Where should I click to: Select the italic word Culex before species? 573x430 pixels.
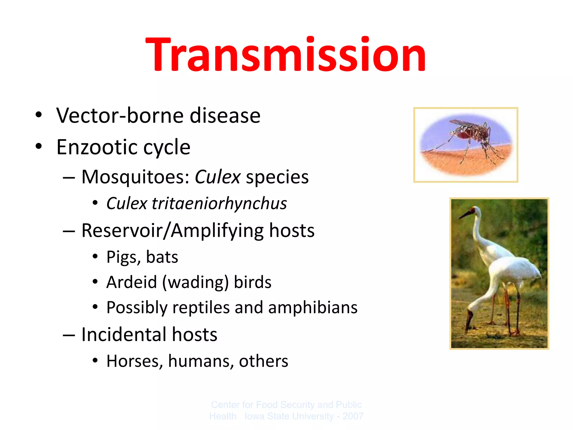pyautogui.click(x=217, y=177)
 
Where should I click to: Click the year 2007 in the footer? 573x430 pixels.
pyautogui.click(x=353, y=416)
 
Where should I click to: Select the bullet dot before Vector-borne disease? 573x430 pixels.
pyautogui.click(x=39, y=114)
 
